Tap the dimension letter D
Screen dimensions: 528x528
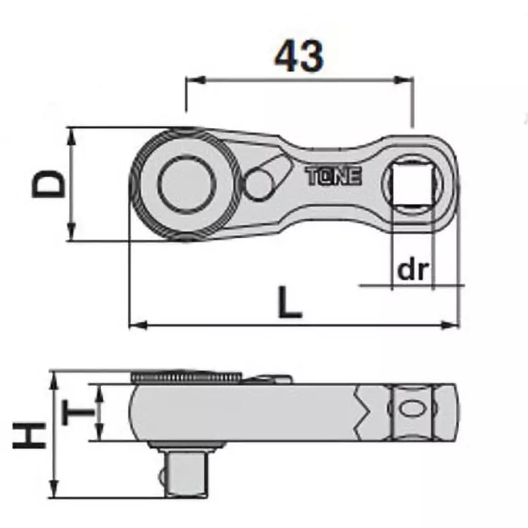click(x=50, y=184)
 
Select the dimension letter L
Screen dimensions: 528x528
click(x=289, y=303)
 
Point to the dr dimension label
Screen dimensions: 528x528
click(x=413, y=271)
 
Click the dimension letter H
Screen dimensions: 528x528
click(x=30, y=435)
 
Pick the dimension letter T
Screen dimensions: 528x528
click(x=78, y=414)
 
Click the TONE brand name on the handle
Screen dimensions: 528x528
click(x=333, y=177)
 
